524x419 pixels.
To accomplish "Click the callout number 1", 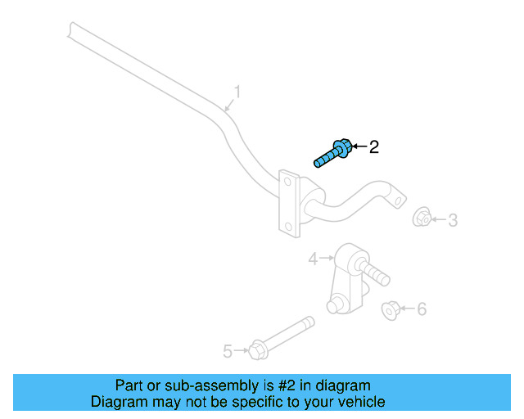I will coord(237,92).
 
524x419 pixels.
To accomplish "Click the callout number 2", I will coord(374,147).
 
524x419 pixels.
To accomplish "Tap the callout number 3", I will coord(452,219).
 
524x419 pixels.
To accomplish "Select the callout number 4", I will coord(313,259).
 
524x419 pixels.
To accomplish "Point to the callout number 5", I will coord(228,351).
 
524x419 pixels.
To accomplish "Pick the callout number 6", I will coord(422,309).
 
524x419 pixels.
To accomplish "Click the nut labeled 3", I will coord(422,218).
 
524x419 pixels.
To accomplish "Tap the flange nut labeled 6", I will coord(391,309).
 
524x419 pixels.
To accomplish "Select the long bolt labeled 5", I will coord(282,337).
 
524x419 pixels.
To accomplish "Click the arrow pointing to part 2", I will coord(359,147).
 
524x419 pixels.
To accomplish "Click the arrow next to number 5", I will coord(241,351).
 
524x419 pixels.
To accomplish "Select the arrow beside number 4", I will coord(326,259).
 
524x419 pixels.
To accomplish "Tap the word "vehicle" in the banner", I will coord(360,402).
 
